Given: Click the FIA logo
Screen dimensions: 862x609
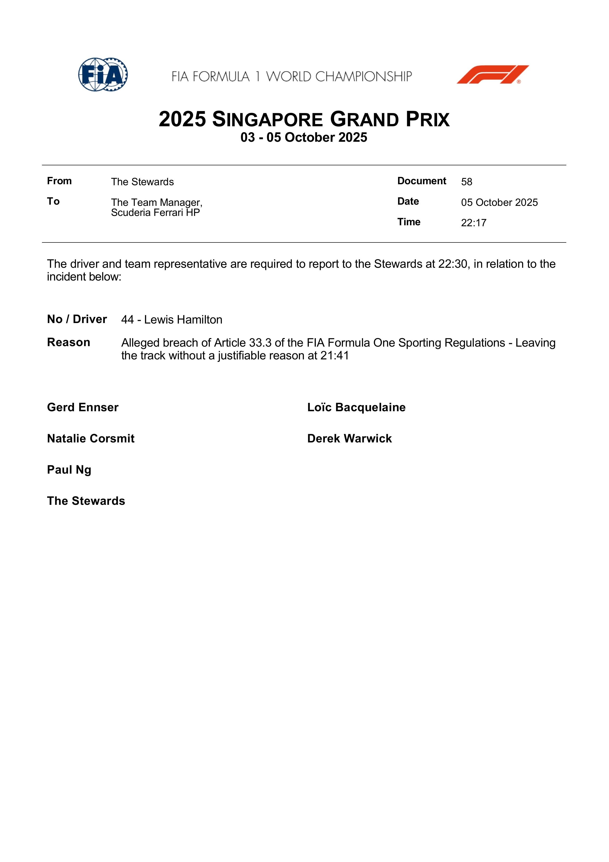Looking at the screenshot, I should (x=103, y=74).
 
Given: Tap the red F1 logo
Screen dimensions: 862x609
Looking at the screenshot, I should (x=492, y=74).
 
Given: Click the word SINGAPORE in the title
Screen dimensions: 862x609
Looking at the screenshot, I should (x=267, y=120).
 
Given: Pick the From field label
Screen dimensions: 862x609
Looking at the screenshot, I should (x=59, y=181).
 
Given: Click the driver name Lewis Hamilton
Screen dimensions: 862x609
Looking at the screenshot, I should (x=183, y=320).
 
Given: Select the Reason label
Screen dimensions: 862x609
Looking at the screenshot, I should (x=69, y=342).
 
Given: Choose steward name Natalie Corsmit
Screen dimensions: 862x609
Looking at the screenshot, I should (x=91, y=438).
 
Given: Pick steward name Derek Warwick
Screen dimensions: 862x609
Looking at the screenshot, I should (x=349, y=438).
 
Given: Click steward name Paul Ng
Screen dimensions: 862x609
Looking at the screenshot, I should (x=69, y=470).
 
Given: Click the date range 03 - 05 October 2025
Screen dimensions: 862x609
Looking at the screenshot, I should (x=304, y=137).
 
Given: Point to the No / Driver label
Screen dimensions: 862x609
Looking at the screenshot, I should (x=77, y=319).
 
